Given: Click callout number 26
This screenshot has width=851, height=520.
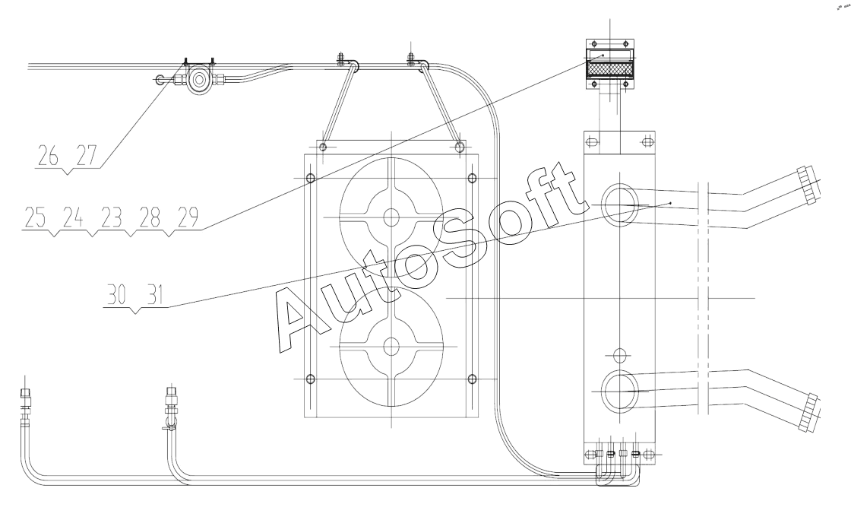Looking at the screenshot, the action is point(49,156).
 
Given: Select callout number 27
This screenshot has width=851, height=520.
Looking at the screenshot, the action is point(87,156).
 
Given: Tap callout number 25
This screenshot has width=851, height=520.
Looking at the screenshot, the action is point(35,218).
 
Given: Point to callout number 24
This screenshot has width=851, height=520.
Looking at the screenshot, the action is point(73,218).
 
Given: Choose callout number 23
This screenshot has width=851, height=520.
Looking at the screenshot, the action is point(112,218).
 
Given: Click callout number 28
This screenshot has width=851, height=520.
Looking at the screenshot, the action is point(150,218).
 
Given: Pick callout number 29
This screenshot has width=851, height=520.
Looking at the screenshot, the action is point(188,218).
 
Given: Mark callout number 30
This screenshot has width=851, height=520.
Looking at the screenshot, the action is point(117,295).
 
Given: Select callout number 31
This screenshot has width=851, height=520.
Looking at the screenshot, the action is point(156,295).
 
